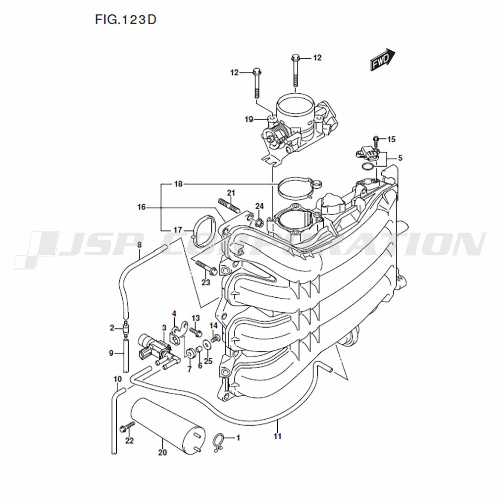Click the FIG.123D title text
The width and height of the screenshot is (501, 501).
point(126,20)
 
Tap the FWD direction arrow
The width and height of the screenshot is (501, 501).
point(382,59)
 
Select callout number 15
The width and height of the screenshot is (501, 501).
point(391,139)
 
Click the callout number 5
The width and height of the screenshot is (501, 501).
point(400,158)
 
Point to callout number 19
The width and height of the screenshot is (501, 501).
point(249,120)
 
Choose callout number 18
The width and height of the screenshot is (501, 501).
point(178,184)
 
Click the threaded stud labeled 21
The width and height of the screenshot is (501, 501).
point(229,206)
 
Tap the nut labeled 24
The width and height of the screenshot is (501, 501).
point(260,221)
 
